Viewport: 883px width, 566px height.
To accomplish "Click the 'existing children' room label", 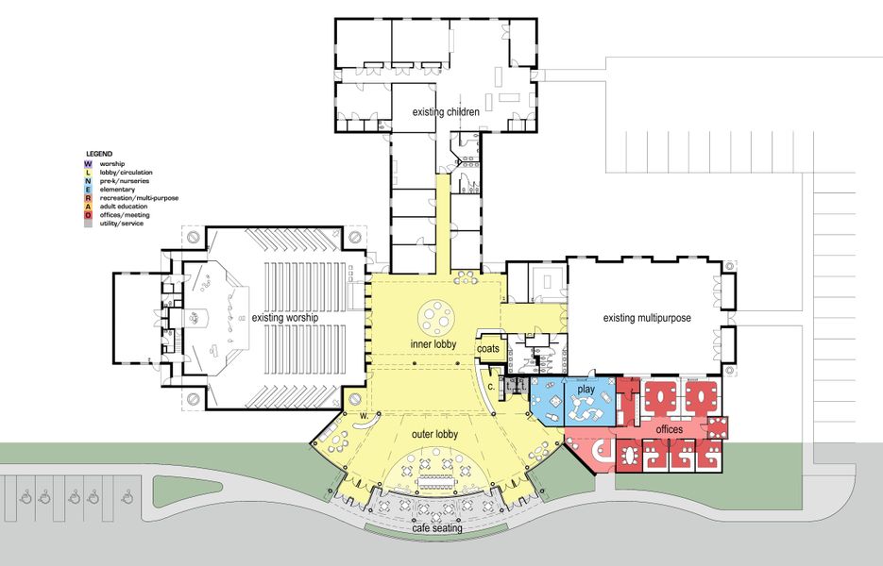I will point(446,112).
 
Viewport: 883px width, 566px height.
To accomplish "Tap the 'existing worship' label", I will point(284,318).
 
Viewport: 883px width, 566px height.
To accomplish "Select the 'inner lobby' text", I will point(433,344).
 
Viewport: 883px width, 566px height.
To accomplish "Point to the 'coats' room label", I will point(488,349).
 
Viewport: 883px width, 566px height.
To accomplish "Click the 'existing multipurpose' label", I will point(647,319).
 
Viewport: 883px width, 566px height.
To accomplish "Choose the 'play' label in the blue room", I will point(586,390).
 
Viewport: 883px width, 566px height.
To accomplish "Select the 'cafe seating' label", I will point(436,528).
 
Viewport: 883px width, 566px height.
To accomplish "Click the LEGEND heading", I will point(99,153).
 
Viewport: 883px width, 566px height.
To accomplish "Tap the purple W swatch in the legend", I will point(88,163).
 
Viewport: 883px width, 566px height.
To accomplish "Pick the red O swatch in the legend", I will point(88,215).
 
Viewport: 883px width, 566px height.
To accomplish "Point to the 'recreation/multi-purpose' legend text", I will point(139,198).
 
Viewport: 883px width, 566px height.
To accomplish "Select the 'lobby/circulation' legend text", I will point(124,172).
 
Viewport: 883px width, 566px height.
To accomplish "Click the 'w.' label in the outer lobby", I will point(362,415).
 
